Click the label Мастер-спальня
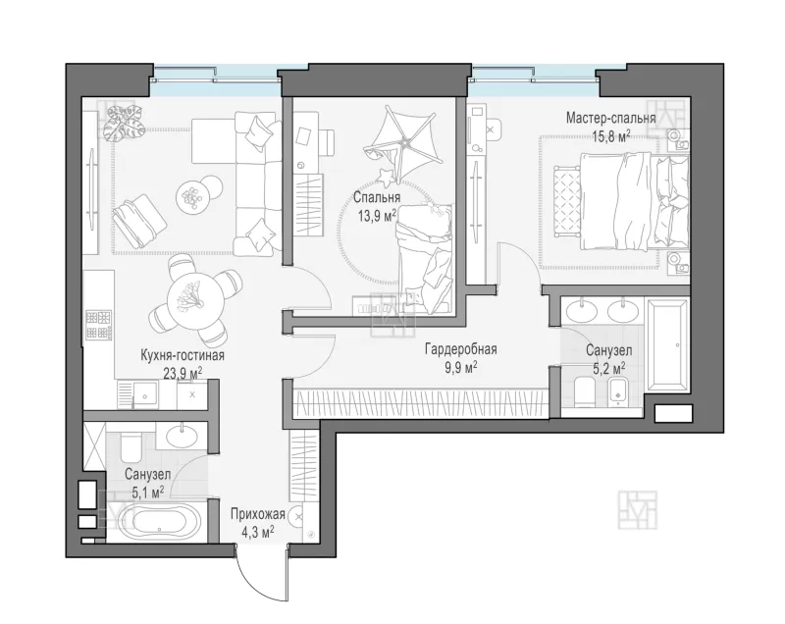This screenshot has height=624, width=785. click(610, 118)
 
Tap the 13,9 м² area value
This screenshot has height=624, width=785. click(377, 216)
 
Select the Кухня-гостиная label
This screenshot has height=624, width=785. click(183, 355)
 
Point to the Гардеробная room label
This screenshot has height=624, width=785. click(461, 348)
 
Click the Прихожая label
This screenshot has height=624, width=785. click(258, 514)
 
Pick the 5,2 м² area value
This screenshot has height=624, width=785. click(609, 369)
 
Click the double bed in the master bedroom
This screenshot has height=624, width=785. click(621, 200)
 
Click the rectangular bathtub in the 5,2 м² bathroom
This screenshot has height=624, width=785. click(667, 344)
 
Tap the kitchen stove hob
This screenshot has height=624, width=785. click(99, 325)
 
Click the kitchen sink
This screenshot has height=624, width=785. click(144, 395)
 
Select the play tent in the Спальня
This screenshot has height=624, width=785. click(404, 141)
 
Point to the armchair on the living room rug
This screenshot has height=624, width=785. click(139, 221)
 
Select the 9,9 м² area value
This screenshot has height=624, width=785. click(460, 368)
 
